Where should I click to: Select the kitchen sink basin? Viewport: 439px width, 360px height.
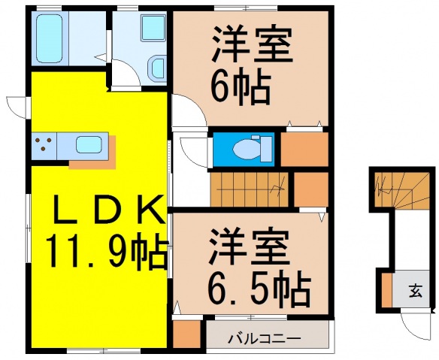click(89, 144)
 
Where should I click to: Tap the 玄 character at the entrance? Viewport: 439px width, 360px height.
click(415, 289)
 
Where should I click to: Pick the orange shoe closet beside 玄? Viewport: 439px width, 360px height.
click(386, 289)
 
